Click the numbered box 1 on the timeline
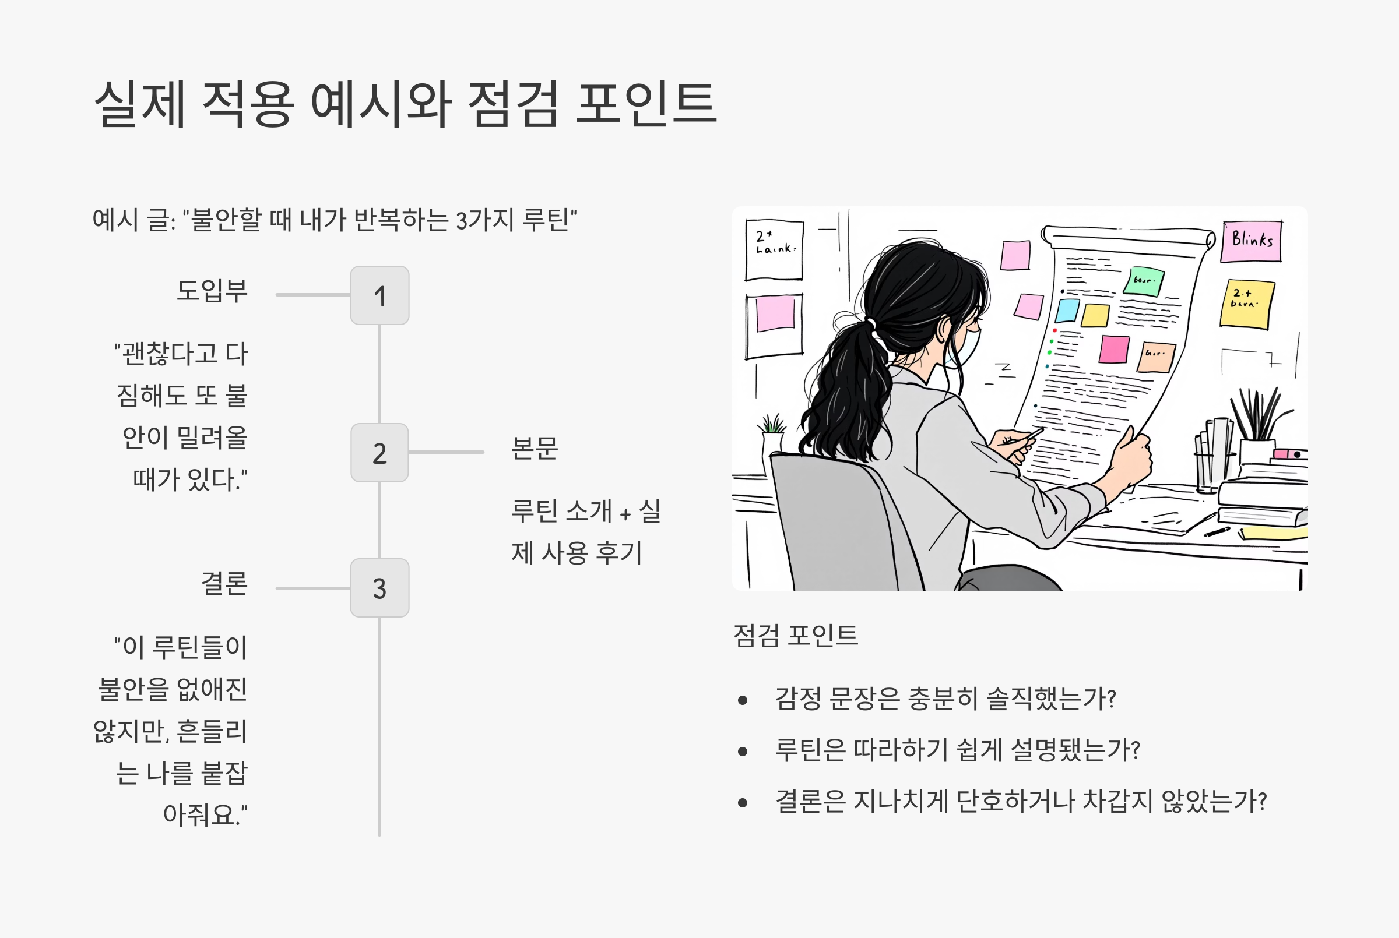[x=379, y=295]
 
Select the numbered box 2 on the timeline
[x=379, y=453]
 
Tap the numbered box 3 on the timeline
[x=379, y=588]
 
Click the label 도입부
[x=212, y=291]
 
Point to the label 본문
[x=535, y=448]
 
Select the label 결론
[x=224, y=583]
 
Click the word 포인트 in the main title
[x=646, y=105]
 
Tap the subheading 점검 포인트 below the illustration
[x=795, y=635]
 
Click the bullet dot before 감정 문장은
[x=743, y=700]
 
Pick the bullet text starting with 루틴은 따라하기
[x=957, y=750]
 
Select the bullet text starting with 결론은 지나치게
[x=1020, y=802]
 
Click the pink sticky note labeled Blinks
[x=1251, y=241]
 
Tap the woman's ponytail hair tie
[x=871, y=325]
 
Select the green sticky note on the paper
[x=1144, y=281]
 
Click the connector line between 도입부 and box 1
[x=312, y=295]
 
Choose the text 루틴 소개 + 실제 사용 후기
[x=585, y=532]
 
